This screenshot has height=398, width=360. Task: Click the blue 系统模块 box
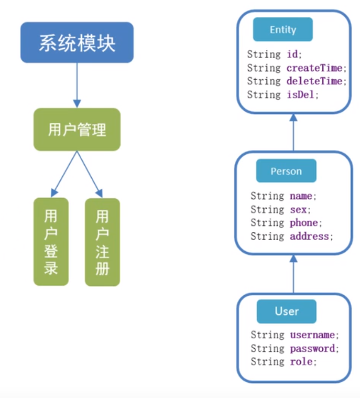[77, 42]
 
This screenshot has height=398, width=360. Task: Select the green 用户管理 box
[77, 130]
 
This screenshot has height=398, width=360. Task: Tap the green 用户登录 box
[51, 242]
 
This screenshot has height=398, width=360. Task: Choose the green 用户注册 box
[102, 242]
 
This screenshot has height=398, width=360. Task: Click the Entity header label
[283, 30]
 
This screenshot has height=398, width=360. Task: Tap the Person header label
[286, 171]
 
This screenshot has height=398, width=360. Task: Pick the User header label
[287, 311]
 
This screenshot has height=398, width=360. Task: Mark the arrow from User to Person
[293, 274]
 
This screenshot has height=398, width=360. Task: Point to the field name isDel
[301, 95]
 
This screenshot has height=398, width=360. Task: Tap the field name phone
[304, 223]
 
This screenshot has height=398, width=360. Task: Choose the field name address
[310, 236]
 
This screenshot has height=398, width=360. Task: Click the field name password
[312, 349]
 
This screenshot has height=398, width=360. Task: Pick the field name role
[301, 362]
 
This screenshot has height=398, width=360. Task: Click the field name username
[312, 335]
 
